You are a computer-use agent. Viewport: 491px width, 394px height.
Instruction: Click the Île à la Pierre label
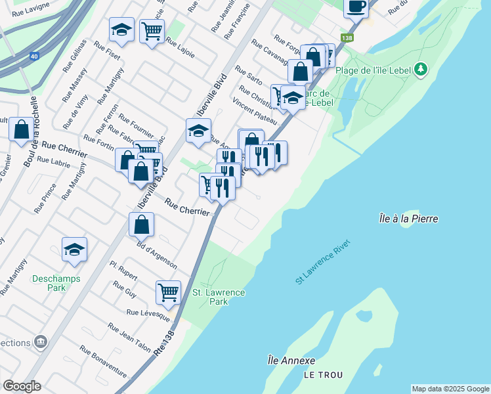pos(408,219)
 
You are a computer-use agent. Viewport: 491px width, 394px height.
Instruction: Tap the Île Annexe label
pos(291,361)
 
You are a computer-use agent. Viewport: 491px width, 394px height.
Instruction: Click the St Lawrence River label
pos(324,261)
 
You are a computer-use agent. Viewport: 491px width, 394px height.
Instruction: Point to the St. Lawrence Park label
pos(219,297)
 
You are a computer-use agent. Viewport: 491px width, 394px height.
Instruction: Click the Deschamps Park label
pos(56,283)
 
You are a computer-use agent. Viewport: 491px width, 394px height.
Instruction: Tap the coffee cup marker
pos(356,7)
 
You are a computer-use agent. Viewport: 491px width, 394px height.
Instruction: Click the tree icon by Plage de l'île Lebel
pos(421,69)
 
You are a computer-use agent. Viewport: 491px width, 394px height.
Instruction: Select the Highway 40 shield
pos(33,56)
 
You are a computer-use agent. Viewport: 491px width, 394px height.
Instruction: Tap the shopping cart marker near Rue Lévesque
pos(168,292)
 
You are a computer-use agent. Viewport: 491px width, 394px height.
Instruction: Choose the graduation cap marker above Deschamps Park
pos(74,250)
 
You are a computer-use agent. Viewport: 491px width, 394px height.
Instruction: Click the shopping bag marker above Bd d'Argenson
pos(141,225)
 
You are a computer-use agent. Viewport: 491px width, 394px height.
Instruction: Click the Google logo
pos(22,386)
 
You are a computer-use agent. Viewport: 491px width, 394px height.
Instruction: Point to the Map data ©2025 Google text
pos(450,389)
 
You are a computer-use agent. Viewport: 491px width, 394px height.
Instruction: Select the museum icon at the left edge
pos(41,342)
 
